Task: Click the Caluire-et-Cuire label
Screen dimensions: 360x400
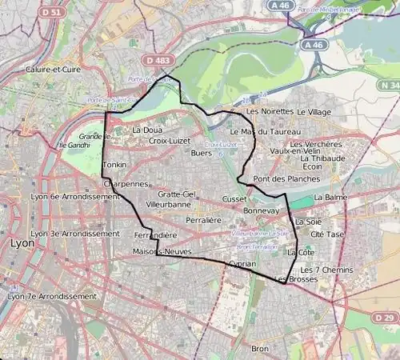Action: pos(53,70)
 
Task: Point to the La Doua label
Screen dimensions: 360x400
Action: pos(146,130)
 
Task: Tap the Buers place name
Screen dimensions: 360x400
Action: pos(202,152)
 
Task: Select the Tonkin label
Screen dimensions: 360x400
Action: pos(114,165)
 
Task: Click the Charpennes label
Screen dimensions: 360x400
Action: pos(126,183)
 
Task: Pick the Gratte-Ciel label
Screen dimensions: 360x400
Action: pos(177,194)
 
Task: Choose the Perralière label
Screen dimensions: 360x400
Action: pos(202,218)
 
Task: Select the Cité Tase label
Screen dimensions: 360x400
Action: pos(327,234)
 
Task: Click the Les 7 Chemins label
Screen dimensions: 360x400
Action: pos(326,270)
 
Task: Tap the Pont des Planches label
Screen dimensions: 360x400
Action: pos(280,178)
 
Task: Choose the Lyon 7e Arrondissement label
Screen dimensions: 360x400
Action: pos(51,296)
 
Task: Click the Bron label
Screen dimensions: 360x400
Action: pos(260,349)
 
